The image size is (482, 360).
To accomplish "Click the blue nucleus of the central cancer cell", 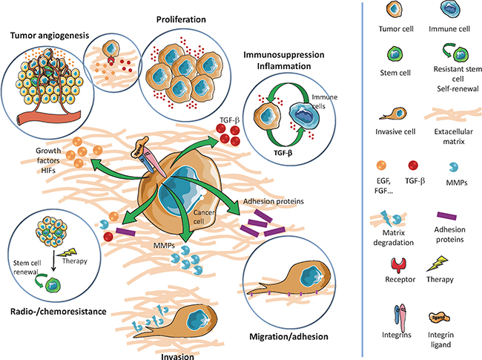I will click(183, 177).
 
